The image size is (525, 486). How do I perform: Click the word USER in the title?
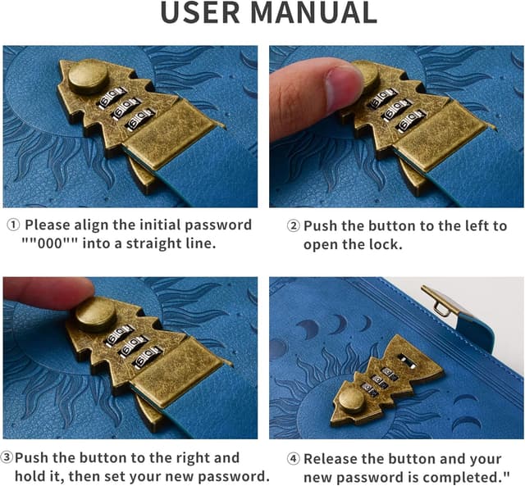pos(200,13)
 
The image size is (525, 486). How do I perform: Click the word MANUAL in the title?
pos(313,13)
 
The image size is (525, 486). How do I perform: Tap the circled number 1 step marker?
pos(13,225)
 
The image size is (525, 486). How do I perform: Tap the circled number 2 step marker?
pos(294,226)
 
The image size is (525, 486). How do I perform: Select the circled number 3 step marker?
pos(7,457)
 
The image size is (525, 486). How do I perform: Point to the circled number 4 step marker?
pos(294,459)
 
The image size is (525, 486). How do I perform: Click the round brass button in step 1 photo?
pos(89,76)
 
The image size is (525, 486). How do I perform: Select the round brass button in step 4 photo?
pos(351,402)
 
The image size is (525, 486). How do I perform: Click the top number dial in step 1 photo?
pos(112,97)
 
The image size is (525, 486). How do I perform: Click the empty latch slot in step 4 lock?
pos(408,361)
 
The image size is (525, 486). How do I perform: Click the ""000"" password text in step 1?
pos(50,243)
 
